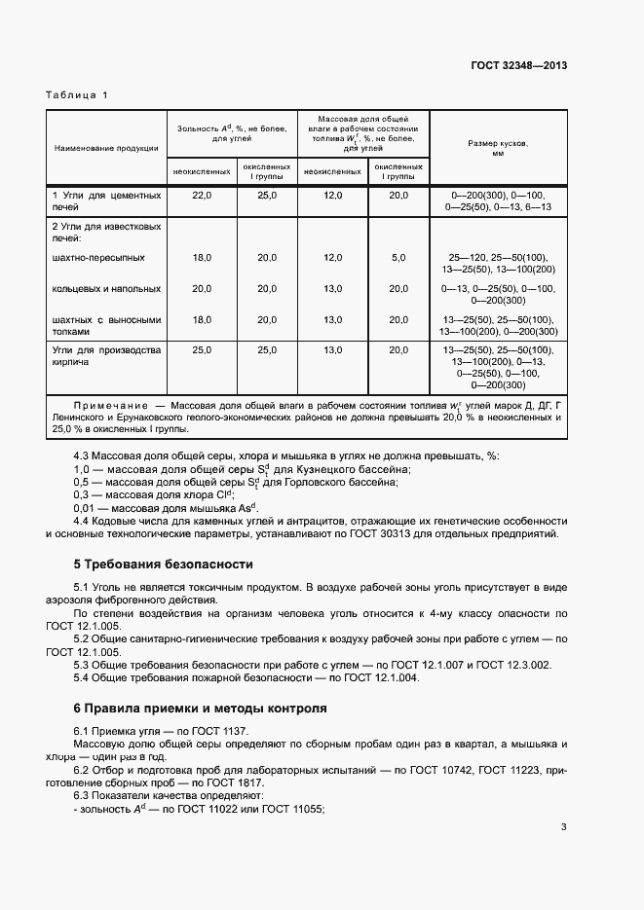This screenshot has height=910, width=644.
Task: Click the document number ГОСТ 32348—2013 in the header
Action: (x=512, y=66)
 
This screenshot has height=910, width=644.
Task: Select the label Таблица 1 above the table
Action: (x=77, y=94)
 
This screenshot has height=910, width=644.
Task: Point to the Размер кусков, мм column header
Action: (x=498, y=148)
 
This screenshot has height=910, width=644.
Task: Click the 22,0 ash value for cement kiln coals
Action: (x=202, y=196)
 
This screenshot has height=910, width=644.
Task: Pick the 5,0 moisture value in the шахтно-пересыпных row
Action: (x=398, y=258)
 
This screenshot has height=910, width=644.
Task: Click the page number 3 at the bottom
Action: (x=564, y=827)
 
